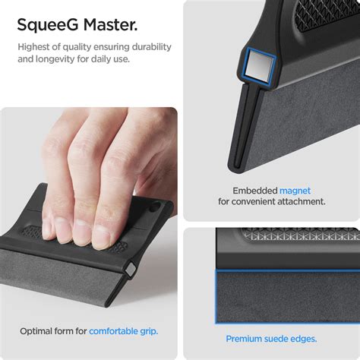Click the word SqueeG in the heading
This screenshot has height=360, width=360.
pyautogui.click(x=47, y=25)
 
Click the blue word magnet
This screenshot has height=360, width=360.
pyautogui.click(x=295, y=190)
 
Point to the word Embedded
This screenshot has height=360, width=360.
pyautogui.click(x=254, y=190)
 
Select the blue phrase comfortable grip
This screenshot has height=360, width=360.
pyautogui.click(x=123, y=330)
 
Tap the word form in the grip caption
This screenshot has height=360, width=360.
pyautogui.click(x=74, y=330)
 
